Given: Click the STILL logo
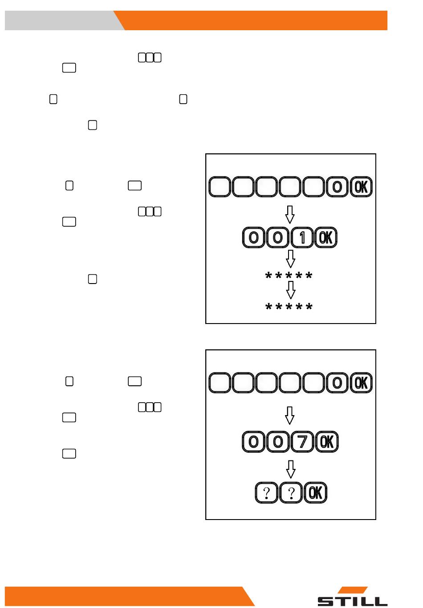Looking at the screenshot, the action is tap(352, 596).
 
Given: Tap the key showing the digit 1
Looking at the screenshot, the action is tap(302, 237).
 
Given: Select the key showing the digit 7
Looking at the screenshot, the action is tap(302, 442).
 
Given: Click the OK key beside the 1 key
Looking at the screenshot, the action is tap(325, 237).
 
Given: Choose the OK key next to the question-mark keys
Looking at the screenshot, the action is tap(315, 492).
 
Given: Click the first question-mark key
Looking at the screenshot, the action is tap(266, 492).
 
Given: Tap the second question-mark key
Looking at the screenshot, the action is tap(291, 492).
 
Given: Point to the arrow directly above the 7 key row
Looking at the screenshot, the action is tap(289, 415).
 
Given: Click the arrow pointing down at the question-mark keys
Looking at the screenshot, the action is tap(291, 469).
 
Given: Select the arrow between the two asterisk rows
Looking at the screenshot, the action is tap(291, 290).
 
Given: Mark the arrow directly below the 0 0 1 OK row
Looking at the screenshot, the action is tap(290, 259).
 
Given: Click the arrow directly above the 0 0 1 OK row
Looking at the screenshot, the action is tap(290, 215).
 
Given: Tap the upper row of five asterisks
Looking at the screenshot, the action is tap(289, 275).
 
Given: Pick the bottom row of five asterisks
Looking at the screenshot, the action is tap(289, 306).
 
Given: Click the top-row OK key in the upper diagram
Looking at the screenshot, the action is tap(361, 187).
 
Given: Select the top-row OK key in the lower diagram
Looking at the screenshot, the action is tap(361, 383).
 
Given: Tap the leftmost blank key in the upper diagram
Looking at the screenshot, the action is tap(220, 187).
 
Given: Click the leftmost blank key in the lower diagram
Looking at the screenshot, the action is tap(220, 383).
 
